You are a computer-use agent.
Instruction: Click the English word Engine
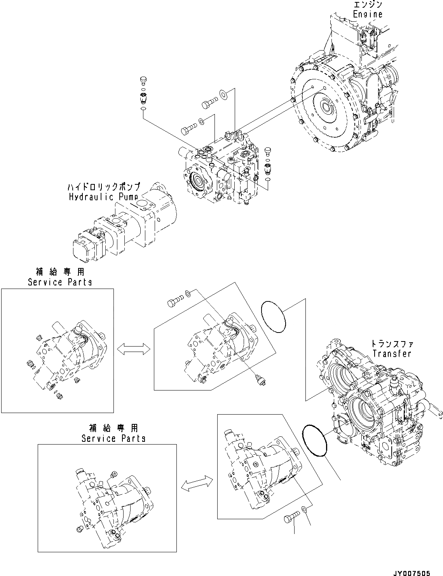pos(367,14)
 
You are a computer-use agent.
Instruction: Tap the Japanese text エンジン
pos(368,5)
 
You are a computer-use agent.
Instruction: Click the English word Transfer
pos(391,353)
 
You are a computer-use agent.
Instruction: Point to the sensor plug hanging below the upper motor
pos(259,381)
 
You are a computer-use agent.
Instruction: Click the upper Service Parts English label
pos(60,282)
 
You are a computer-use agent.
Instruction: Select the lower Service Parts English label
pos(113,438)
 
